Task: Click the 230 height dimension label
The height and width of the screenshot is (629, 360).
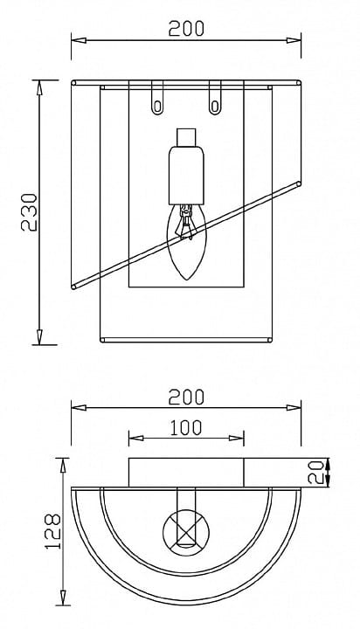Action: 29,212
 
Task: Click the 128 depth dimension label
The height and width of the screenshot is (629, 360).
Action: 52,531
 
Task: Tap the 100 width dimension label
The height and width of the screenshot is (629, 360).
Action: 186,428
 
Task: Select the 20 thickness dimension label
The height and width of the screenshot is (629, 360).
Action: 315,473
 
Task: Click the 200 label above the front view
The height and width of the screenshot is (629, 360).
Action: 186,29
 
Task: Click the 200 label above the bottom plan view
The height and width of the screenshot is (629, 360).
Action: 186,397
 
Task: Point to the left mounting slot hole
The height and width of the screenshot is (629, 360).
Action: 157,107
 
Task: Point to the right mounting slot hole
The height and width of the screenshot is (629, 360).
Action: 215,107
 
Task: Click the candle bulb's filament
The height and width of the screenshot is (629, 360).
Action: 185,222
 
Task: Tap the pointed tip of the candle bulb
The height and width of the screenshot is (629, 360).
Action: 187,280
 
